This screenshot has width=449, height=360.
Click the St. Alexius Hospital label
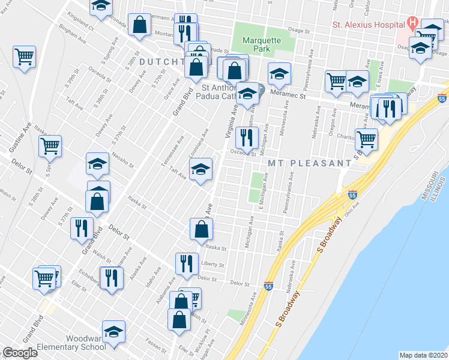[x=368, y=25]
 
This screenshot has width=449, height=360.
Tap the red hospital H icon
[x=412, y=24]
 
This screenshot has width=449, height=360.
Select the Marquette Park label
[x=261, y=45]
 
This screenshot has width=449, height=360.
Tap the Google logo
[x=20, y=353]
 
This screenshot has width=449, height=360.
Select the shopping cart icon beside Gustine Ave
[x=50, y=145]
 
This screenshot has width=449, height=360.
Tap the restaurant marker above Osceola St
[x=247, y=137]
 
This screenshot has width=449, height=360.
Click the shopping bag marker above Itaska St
[x=202, y=229]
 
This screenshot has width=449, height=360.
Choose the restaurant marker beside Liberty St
[x=187, y=263]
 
